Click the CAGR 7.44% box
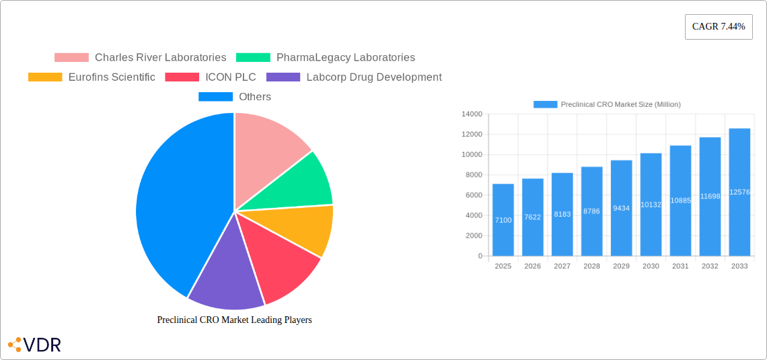(x=718, y=27)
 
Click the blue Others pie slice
(x=178, y=202)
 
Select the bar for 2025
(x=503, y=220)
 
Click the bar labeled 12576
(x=739, y=192)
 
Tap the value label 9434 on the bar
(x=621, y=209)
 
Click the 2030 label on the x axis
(x=651, y=266)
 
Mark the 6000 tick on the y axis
(x=473, y=195)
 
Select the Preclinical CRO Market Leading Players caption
(x=234, y=320)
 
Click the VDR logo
(x=35, y=345)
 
